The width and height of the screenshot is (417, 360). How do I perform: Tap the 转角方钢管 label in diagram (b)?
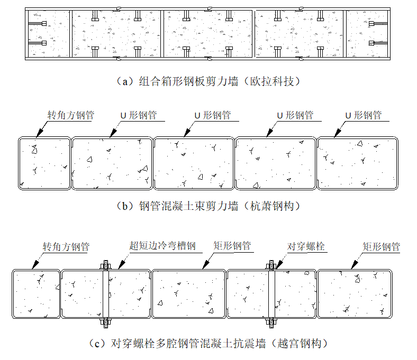[x=70, y=115]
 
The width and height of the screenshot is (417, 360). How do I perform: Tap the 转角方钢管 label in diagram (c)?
[x=66, y=247]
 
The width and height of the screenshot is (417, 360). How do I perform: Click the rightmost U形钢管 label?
[x=363, y=115]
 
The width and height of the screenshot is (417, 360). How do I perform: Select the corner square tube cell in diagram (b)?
[x=45, y=163]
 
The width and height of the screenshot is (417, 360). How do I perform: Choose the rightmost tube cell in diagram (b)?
[x=357, y=163]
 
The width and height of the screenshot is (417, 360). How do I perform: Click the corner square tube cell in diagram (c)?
[x=37, y=293]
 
